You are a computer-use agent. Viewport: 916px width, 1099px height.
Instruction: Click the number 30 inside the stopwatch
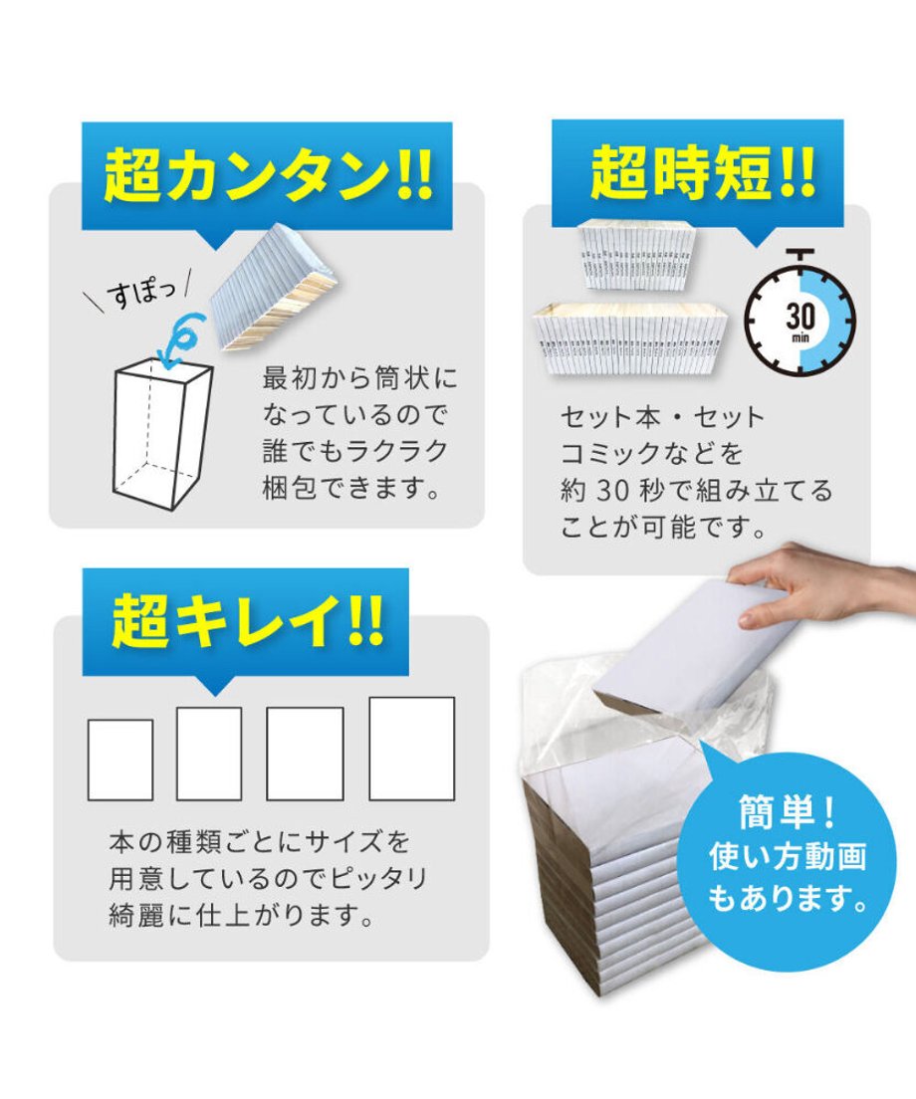(x=800, y=317)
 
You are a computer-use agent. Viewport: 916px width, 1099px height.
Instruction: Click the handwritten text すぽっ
(x=142, y=293)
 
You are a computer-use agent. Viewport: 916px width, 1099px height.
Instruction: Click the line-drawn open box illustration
(x=162, y=434)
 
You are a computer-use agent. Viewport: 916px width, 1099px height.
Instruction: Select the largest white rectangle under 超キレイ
(x=411, y=748)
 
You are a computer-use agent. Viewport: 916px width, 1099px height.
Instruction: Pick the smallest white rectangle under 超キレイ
(x=119, y=760)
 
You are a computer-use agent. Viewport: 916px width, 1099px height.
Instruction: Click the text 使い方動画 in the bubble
(x=788, y=856)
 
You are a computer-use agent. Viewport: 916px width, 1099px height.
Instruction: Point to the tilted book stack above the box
(x=275, y=288)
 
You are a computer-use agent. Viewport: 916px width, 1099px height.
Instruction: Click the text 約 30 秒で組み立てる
(x=696, y=490)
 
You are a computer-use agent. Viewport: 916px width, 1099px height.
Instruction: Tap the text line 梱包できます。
(x=351, y=487)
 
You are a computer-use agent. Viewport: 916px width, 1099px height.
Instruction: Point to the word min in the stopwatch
(x=801, y=337)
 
